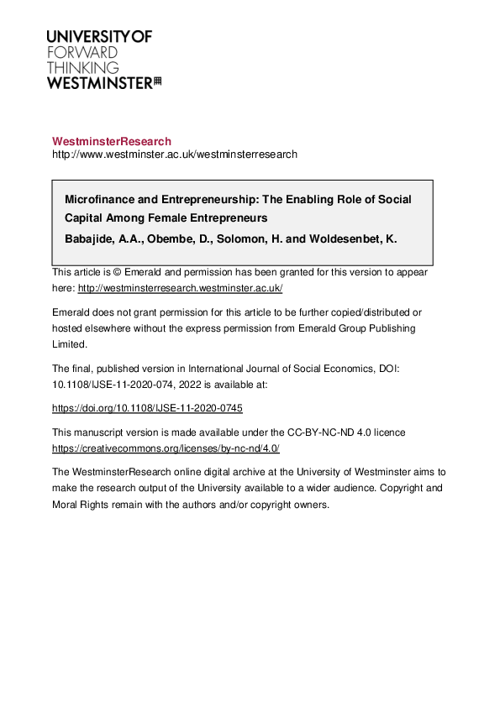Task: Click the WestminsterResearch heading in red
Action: click(112, 141)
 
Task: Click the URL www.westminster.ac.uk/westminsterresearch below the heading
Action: click(175, 154)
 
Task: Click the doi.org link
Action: click(147, 408)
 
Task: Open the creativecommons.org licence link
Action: click(166, 448)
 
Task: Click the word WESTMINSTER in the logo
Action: click(99, 82)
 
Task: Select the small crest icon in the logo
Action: click(157, 81)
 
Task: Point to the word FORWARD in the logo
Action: click(82, 52)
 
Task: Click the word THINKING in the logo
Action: click(82, 67)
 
